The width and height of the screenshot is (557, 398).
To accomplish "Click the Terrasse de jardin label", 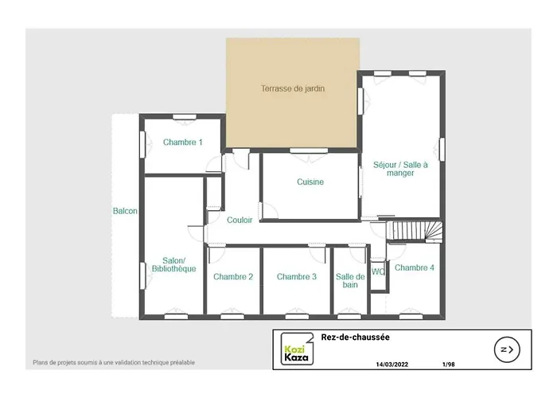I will [x=293, y=89].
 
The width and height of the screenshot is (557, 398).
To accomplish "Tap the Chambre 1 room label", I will [x=183, y=142].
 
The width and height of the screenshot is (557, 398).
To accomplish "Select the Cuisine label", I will [x=310, y=182].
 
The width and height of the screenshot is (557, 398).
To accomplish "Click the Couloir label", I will [x=240, y=220].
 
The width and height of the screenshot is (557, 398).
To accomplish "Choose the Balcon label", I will [x=125, y=212].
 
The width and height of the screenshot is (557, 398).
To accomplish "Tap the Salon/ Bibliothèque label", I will [x=173, y=265].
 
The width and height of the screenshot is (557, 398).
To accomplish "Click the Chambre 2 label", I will [x=233, y=277].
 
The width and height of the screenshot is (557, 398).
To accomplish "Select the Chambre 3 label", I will [x=297, y=277].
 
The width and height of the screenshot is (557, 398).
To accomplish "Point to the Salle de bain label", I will [x=350, y=280].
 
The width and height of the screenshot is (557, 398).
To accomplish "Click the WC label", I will [x=379, y=271].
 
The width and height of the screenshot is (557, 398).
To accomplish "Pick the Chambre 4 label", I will [x=415, y=268].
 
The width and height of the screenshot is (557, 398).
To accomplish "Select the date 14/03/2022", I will [x=391, y=365].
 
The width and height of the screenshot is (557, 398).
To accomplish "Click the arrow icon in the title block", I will [x=506, y=349].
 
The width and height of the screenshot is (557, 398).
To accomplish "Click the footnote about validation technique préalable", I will [x=114, y=363].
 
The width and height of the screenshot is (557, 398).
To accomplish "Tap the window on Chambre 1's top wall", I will [x=185, y=117].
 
